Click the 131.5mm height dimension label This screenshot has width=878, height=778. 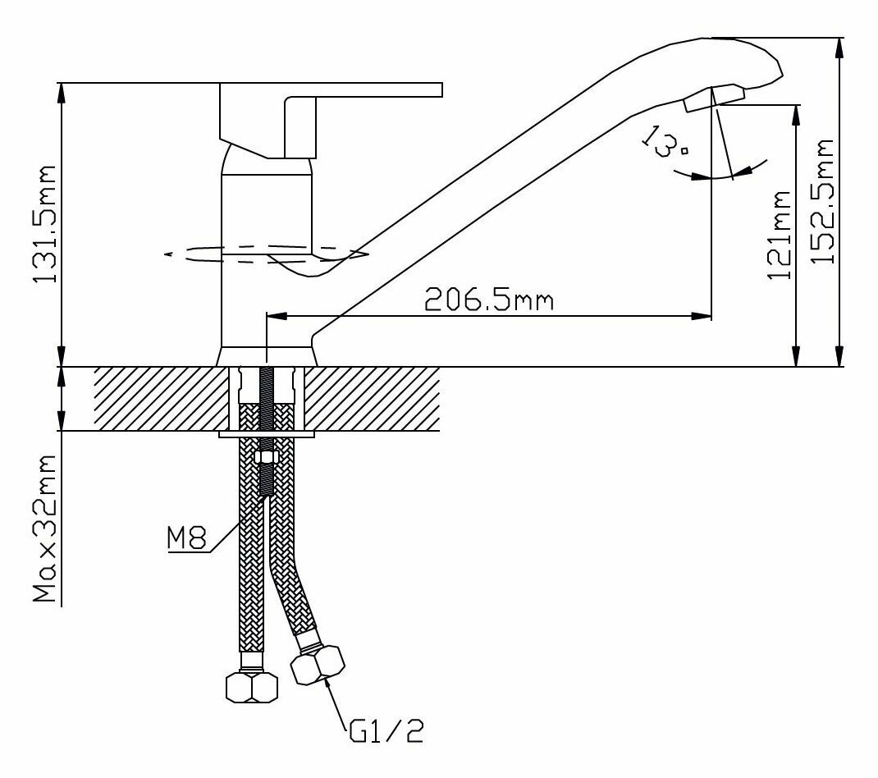[x=46, y=224]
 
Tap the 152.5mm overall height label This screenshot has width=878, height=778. [x=823, y=202]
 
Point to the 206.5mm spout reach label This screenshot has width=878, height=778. [x=489, y=300]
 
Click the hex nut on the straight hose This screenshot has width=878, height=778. [x=252, y=686]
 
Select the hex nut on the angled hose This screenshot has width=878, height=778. [x=318, y=664]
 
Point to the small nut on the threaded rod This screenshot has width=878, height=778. [x=266, y=456]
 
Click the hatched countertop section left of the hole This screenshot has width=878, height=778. [x=160, y=398]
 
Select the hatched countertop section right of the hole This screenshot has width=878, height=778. [x=373, y=398]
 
